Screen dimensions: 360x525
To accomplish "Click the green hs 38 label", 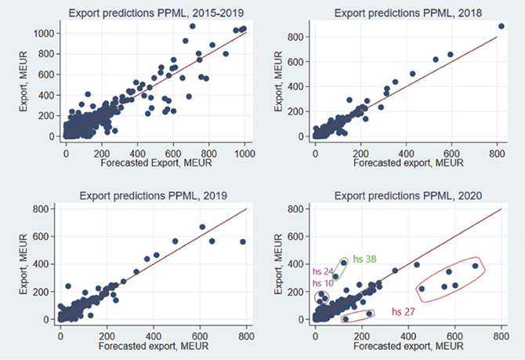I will click(x=365, y=259).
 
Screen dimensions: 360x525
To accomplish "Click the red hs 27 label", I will click(x=404, y=311).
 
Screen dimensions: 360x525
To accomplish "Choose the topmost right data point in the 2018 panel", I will click(x=501, y=26).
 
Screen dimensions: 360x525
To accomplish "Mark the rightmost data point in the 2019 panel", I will click(x=243, y=242).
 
